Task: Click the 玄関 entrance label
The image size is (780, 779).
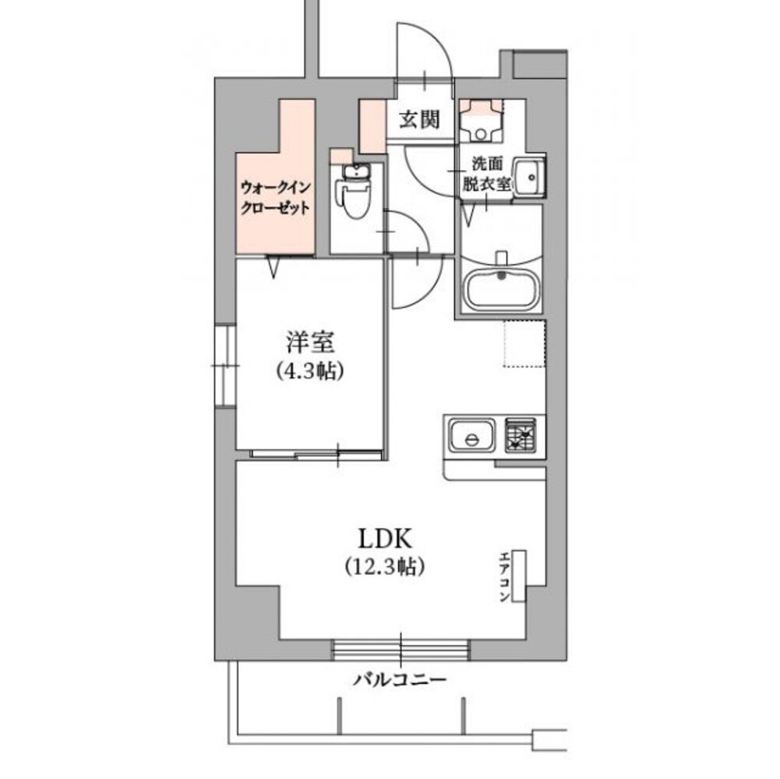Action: tap(420, 119)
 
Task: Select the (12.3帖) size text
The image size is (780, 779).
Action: tap(384, 566)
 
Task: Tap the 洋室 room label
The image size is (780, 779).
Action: tap(309, 343)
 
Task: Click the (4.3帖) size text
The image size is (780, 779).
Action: tap(309, 372)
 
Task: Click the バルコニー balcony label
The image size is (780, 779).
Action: tap(400, 679)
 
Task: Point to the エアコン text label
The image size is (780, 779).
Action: tap(504, 576)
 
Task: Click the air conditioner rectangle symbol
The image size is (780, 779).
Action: tap(520, 576)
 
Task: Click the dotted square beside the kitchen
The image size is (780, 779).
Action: tap(524, 343)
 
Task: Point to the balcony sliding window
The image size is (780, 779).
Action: tap(401, 649)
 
